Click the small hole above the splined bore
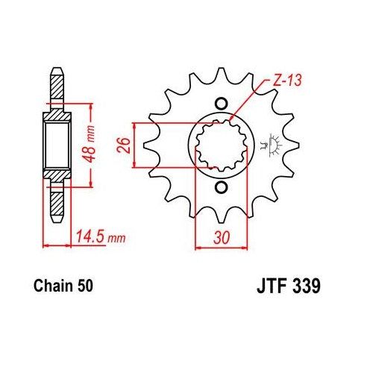coord(219,104)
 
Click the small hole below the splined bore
coord(219,187)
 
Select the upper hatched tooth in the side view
coord(55,90)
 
